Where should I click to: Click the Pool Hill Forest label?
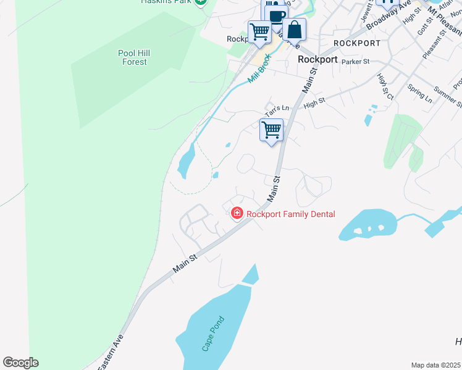(134, 57)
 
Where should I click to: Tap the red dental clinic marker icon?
(237, 214)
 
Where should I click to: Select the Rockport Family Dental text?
(290, 215)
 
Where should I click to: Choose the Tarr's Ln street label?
(277, 111)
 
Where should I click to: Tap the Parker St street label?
(355, 62)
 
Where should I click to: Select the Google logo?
(20, 363)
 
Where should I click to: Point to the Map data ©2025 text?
(435, 365)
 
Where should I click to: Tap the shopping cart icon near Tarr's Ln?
(272, 130)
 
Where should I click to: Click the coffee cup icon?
(277, 17)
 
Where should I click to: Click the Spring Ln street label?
(420, 94)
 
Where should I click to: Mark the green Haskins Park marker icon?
(200, 2)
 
